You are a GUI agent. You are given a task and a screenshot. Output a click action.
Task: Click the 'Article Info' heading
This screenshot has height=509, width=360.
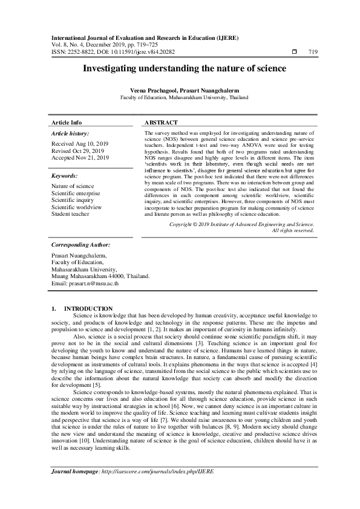67,122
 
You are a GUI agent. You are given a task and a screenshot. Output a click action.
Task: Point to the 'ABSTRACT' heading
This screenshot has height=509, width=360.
160,122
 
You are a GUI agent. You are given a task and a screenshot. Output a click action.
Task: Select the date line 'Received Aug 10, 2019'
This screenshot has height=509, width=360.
79,144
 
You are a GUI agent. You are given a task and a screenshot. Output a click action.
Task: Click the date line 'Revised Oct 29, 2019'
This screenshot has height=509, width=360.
77,151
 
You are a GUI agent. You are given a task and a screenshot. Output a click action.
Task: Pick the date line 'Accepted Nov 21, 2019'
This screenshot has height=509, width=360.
80,158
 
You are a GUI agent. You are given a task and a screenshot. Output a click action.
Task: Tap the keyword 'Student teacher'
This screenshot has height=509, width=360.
71,213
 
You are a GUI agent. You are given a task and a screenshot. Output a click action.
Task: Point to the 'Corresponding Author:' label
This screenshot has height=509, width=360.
80,245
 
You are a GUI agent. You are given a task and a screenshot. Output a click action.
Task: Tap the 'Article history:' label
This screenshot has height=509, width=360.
70,133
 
